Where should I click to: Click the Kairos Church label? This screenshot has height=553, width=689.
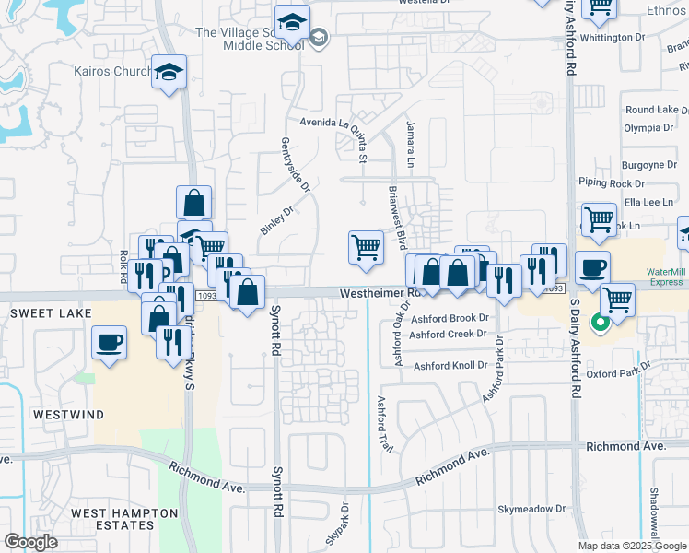pyautogui.click(x=111, y=71)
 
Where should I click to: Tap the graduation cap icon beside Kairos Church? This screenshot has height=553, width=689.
pyautogui.click(x=169, y=72)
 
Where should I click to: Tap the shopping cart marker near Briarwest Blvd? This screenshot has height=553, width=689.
pyautogui.click(x=366, y=247)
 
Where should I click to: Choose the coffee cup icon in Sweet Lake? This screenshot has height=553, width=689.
pyautogui.click(x=110, y=343)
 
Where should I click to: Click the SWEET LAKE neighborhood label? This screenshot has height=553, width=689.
pyautogui.click(x=51, y=313)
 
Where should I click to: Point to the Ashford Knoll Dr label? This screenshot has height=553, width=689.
pyautogui.click(x=450, y=366)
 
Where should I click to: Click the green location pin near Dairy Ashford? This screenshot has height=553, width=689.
pyautogui.click(x=599, y=324)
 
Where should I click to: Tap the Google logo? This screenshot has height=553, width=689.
pyautogui.click(x=30, y=542)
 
